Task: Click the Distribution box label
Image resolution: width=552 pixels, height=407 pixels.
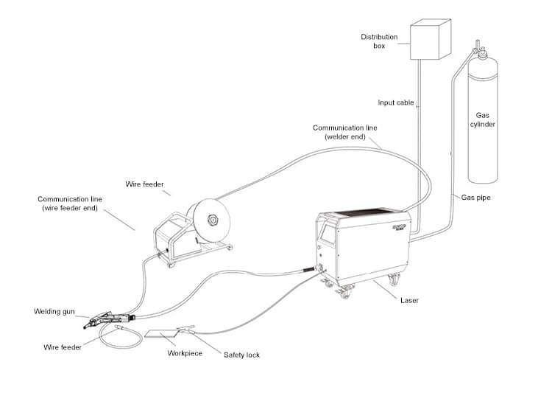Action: tap(379, 41)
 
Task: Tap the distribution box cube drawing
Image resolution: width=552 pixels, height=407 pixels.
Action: tap(430, 41)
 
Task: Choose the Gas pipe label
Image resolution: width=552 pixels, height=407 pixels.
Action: tap(476, 198)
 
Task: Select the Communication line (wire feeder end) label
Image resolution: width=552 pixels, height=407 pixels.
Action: tap(70, 204)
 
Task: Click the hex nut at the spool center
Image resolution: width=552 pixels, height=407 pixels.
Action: tap(213, 219)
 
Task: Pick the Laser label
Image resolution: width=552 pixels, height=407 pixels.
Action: tap(410, 300)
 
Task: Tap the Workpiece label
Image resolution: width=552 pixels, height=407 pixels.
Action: tap(185, 353)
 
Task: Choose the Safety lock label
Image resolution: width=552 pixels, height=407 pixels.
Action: tap(241, 355)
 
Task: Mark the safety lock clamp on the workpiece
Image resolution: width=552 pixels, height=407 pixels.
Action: tap(185, 329)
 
